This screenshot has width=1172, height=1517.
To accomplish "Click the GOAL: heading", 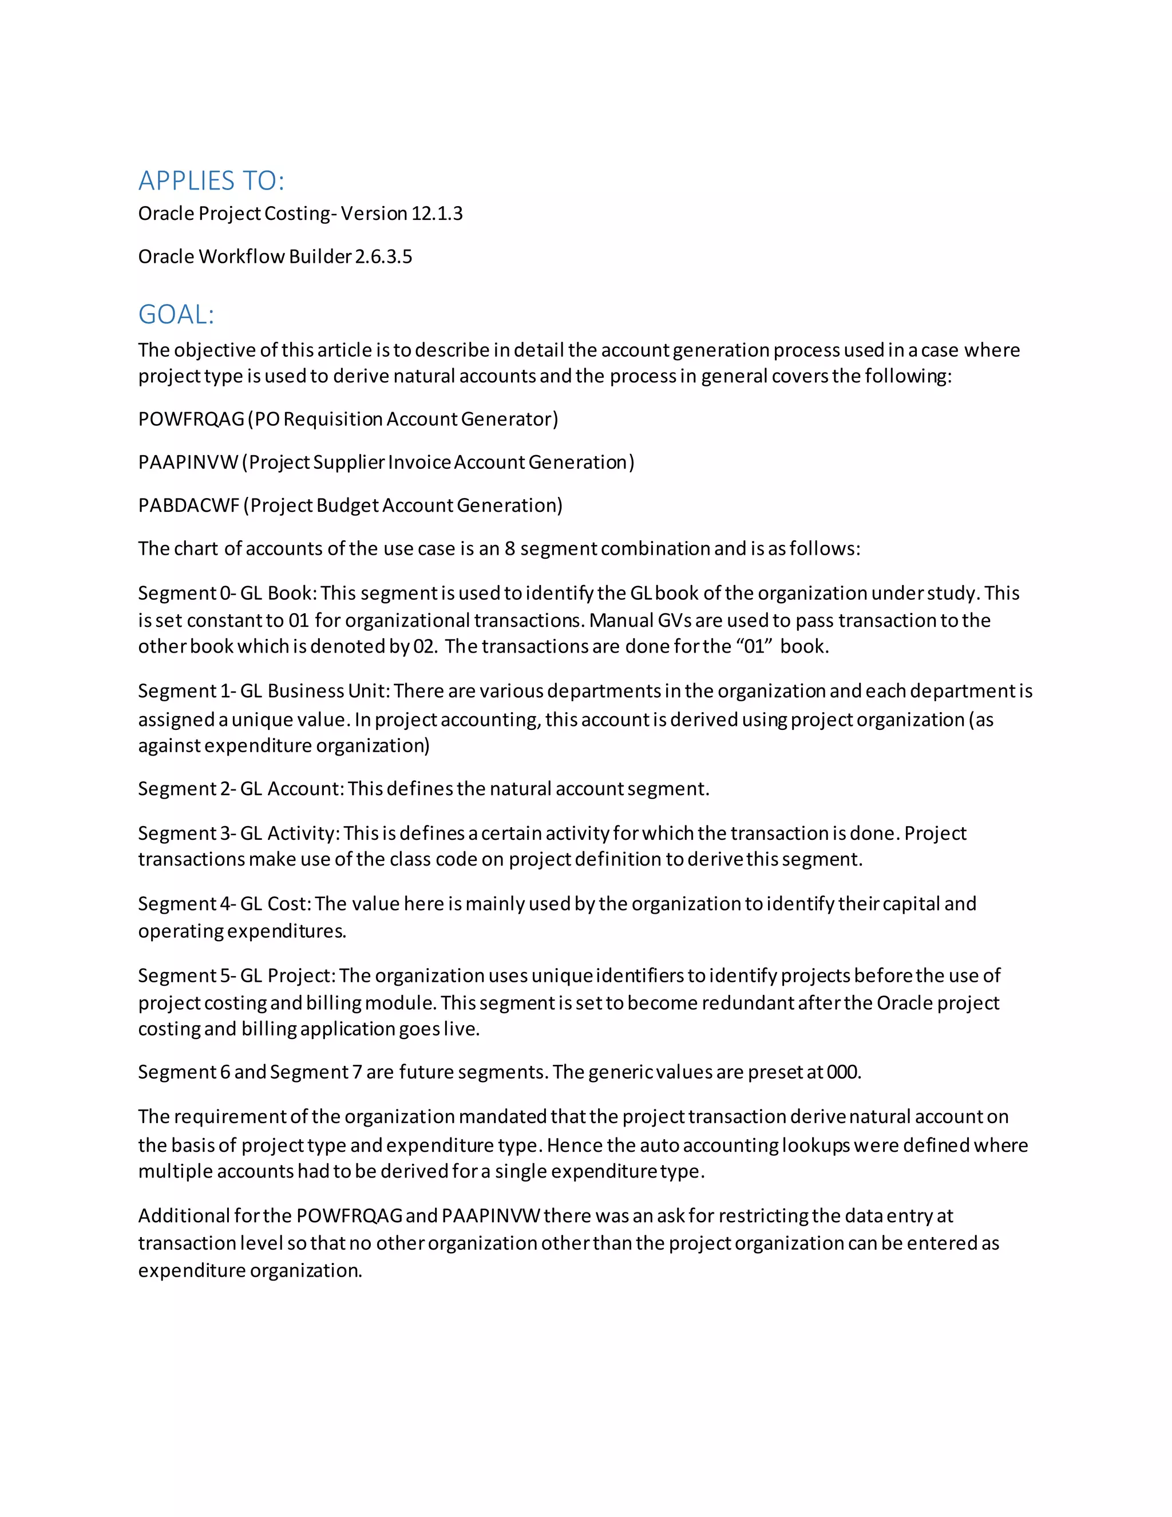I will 176,315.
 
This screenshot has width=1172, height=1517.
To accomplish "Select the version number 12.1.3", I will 437,214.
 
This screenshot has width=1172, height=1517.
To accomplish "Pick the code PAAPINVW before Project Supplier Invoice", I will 188,462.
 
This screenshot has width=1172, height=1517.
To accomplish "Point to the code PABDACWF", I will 189,505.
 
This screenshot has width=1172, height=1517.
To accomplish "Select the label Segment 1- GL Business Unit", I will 264,690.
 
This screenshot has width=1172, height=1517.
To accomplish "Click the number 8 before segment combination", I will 510,549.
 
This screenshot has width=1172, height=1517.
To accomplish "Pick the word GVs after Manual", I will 675,621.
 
